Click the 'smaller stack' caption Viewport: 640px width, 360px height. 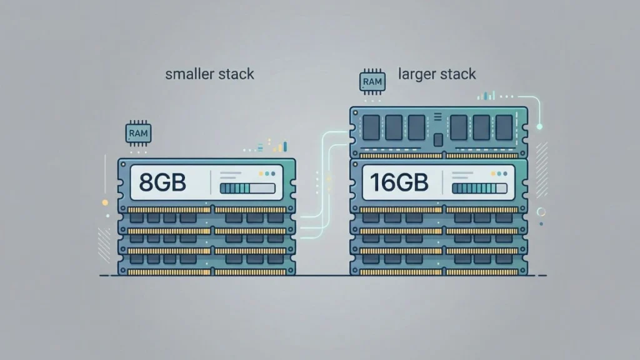(x=209, y=74)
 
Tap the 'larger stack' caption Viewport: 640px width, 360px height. (x=437, y=74)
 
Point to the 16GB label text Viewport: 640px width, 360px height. (x=399, y=182)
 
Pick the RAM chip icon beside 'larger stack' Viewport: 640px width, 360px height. (x=371, y=82)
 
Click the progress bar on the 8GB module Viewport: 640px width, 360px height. (x=247, y=188)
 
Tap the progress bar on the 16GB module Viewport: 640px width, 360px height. (x=479, y=188)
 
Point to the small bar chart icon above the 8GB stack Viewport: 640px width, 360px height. (x=279, y=147)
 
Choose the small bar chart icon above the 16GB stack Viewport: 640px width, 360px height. (x=487, y=96)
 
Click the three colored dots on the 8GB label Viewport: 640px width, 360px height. (x=267, y=174)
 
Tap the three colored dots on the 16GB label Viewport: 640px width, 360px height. (x=498, y=174)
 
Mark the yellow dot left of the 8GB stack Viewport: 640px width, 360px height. (x=105, y=202)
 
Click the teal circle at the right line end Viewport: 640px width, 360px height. (x=539, y=126)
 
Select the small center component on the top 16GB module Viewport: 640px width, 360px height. (x=438, y=139)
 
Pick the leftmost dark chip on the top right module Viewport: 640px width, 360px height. (x=371, y=127)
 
